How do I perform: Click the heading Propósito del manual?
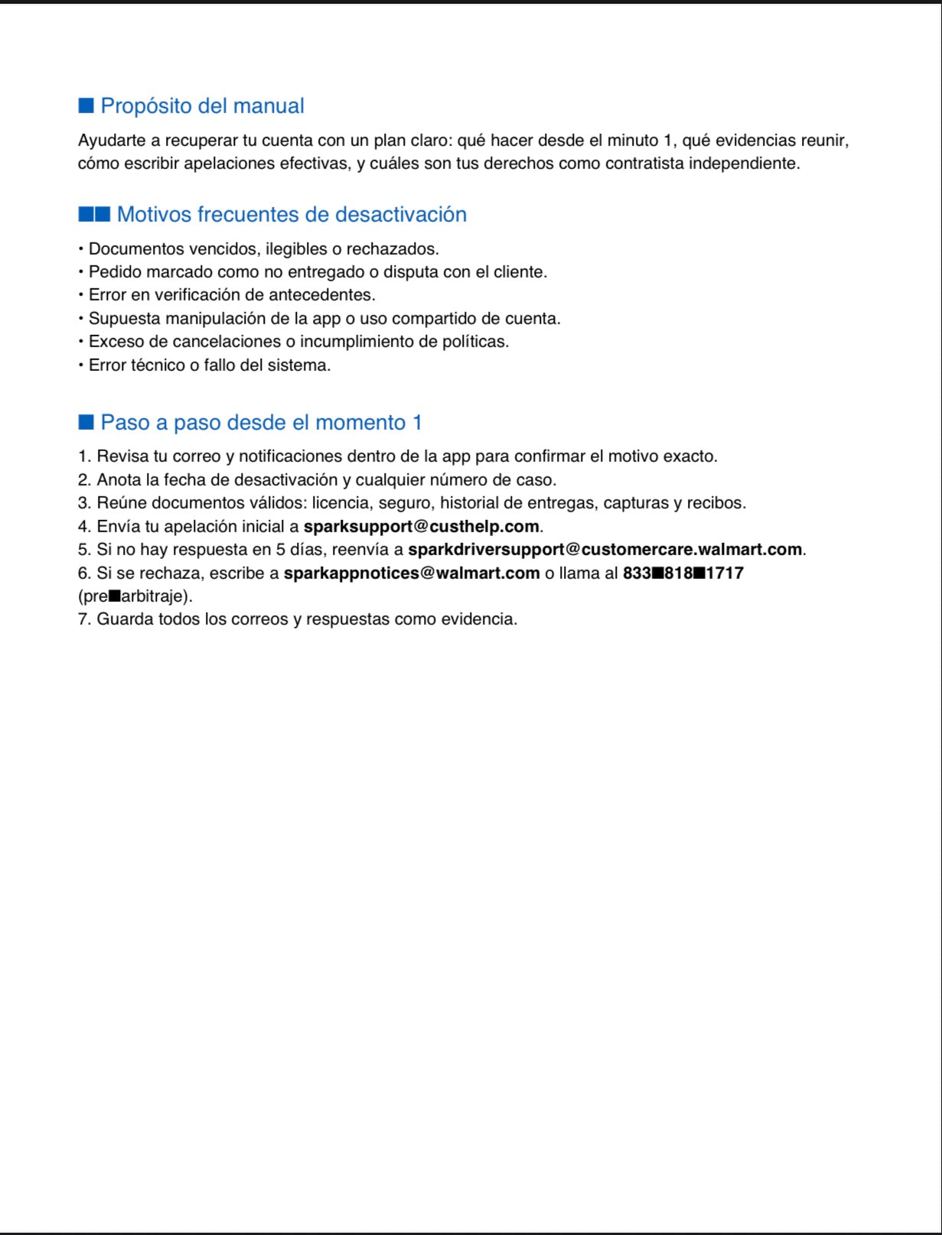click(x=202, y=106)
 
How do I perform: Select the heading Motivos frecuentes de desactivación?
click(x=292, y=214)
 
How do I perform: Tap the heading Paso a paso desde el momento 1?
click(x=261, y=422)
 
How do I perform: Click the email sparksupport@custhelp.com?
click(x=421, y=526)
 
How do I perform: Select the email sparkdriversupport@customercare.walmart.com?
click(x=605, y=549)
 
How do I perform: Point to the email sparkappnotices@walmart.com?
click(x=412, y=573)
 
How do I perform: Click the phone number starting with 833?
click(x=683, y=573)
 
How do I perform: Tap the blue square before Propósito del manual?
click(x=86, y=106)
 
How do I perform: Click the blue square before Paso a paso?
click(x=86, y=422)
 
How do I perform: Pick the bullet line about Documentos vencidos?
click(x=263, y=249)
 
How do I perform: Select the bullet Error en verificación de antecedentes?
click(x=232, y=294)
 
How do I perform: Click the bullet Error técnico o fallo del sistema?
click(x=210, y=365)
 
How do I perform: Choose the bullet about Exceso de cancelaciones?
click(x=298, y=341)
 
